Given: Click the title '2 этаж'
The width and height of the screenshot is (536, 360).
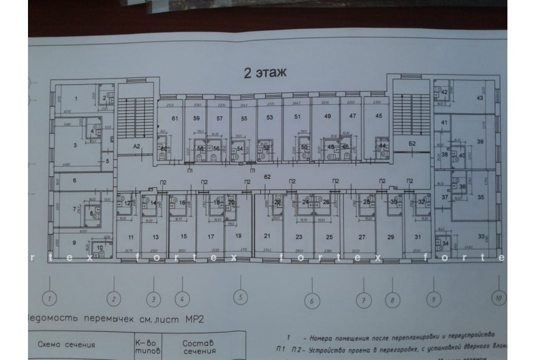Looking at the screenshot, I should [x=264, y=73].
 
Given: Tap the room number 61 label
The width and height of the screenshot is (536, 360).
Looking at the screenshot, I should [x=175, y=119].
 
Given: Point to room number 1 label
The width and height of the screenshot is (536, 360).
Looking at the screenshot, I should [x=76, y=98].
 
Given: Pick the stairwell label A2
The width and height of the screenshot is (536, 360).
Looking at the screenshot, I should [x=136, y=146].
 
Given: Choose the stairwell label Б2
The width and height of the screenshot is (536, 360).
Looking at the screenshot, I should [x=412, y=144].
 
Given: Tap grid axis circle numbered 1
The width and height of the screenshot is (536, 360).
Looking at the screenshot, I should [x=51, y=297].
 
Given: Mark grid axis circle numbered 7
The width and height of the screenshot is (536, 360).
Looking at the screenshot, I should [x=363, y=300].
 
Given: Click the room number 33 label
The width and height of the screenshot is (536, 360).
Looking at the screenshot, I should [x=480, y=236].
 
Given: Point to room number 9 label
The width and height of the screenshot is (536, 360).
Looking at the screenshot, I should [x=74, y=242].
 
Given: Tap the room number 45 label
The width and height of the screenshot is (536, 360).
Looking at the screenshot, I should [x=379, y=116].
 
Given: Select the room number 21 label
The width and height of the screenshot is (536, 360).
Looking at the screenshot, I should [x=267, y=237].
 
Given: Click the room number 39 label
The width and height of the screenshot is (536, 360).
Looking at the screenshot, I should [x=480, y=141].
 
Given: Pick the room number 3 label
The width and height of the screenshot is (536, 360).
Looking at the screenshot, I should [x=76, y=145].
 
